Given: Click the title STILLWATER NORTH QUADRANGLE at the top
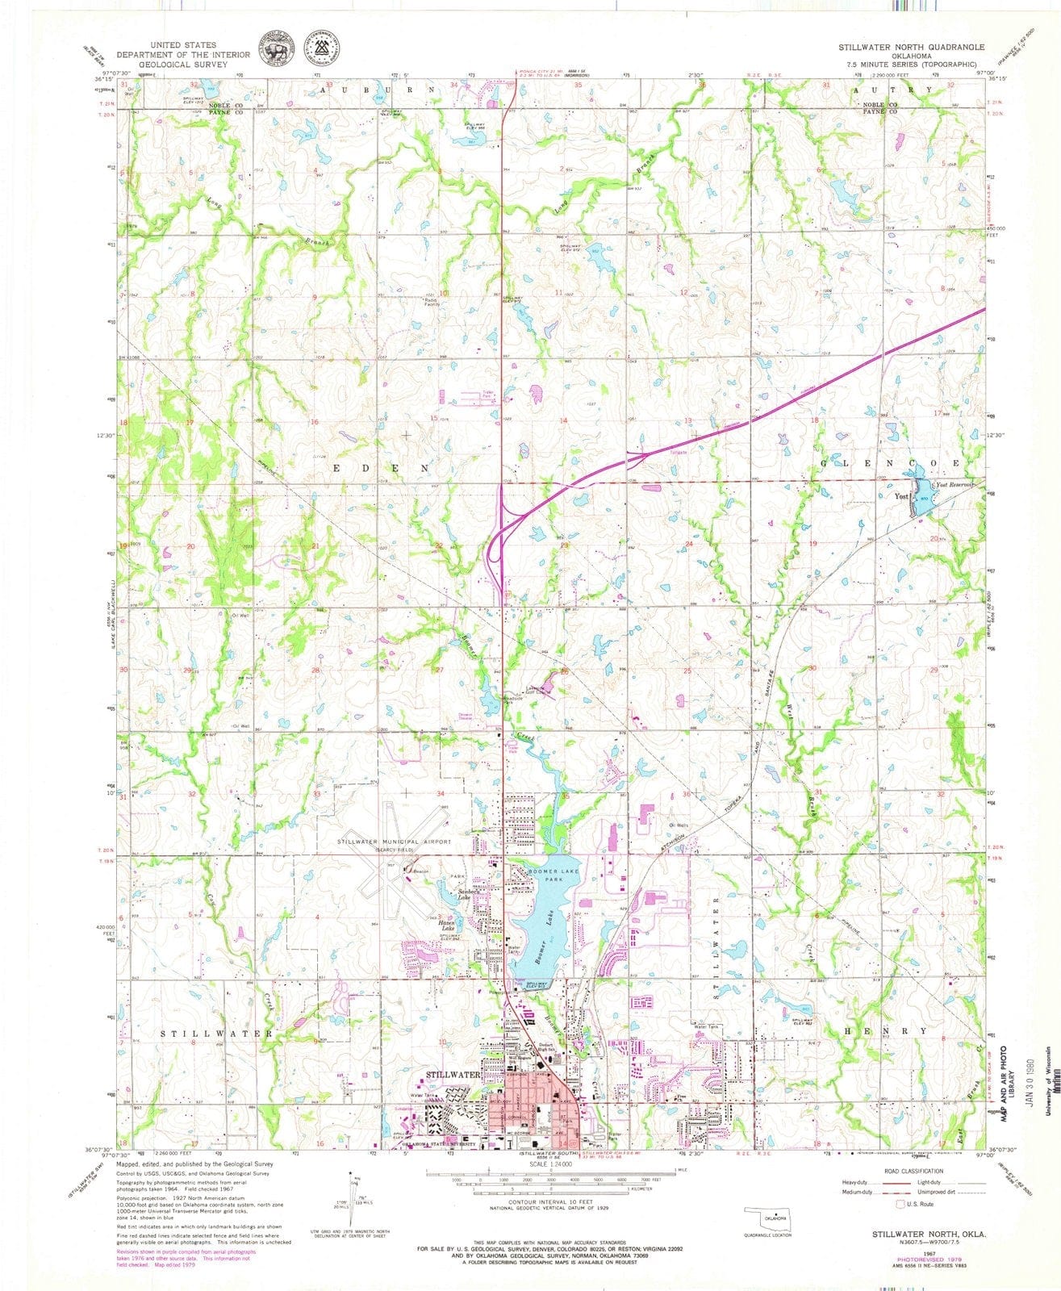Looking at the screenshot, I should click(x=911, y=47).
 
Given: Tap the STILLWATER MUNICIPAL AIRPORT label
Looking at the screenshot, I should click(x=395, y=842).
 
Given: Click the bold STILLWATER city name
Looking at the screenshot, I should click(x=453, y=1075).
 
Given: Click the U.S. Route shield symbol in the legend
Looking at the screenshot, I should click(x=901, y=1204).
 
